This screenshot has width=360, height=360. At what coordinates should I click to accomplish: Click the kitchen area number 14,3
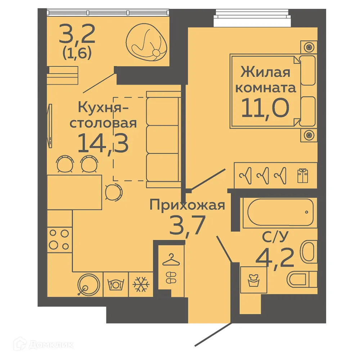click(x=103, y=143)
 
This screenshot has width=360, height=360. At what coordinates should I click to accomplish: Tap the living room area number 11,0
click(x=265, y=107)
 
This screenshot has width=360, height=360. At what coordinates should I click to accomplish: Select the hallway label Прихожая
click(x=187, y=206)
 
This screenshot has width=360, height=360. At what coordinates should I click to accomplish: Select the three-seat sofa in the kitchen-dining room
click(x=163, y=139)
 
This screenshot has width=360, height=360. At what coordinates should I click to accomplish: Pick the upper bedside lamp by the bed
click(x=309, y=47)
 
